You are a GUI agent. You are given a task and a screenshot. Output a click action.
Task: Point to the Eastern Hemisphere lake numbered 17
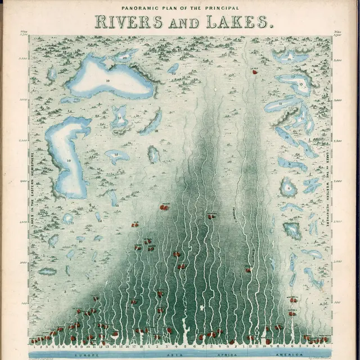point(120,119)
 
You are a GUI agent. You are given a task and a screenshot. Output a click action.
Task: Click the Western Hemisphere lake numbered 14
point(289,56)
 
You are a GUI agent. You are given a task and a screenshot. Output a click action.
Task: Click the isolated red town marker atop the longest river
point(254,72)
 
